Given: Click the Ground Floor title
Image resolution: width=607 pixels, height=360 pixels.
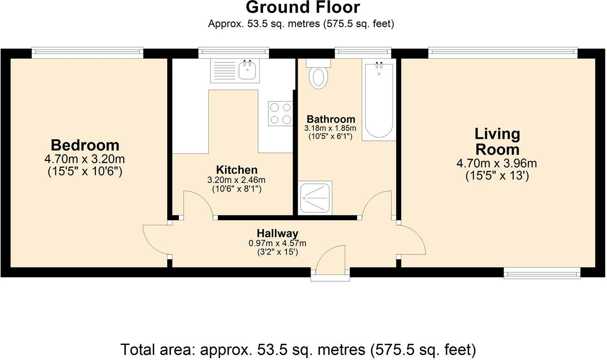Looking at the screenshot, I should tap(303, 8).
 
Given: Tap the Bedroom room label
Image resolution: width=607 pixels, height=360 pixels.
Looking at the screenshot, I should tap(85, 145).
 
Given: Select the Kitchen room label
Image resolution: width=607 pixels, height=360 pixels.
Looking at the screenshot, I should tap(236, 170).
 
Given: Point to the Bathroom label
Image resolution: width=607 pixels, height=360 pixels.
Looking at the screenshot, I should tap(331, 119).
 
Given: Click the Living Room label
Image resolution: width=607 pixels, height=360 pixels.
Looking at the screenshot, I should tap(497, 142).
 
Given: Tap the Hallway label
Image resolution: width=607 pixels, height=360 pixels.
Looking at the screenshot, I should tap(277, 233).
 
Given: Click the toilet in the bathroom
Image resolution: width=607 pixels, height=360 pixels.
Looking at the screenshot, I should tap(319, 77).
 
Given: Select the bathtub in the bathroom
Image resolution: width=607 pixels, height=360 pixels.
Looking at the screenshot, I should tap(379, 100).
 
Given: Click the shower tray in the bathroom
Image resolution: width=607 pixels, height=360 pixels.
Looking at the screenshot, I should tap(316, 197).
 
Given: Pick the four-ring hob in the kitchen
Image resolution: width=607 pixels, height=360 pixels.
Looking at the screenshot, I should tap(280, 114).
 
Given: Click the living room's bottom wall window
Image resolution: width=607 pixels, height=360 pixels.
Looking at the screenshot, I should tap(542, 273).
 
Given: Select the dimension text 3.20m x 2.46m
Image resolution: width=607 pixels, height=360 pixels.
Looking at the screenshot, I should tap(236, 180).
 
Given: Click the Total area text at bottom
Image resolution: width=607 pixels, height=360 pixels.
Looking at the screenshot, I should tap(298, 349).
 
